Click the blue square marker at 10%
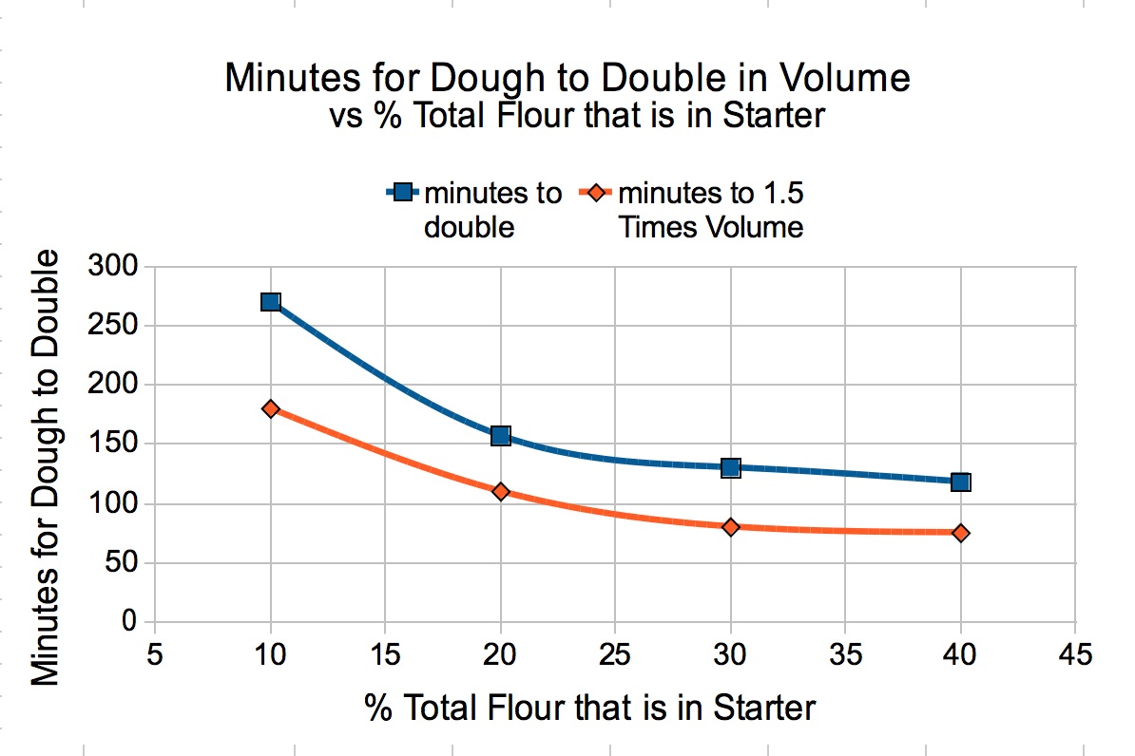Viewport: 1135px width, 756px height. pyautogui.click(x=271, y=302)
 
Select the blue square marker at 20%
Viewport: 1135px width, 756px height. pyautogui.click(x=501, y=436)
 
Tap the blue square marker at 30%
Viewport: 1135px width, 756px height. pyautogui.click(x=731, y=467)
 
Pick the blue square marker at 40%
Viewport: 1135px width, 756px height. pyautogui.click(x=961, y=482)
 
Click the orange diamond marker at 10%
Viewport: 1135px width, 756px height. pyautogui.click(x=271, y=408)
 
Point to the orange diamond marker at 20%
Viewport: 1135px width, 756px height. pyautogui.click(x=501, y=491)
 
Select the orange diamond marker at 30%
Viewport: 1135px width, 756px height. pyautogui.click(x=731, y=526)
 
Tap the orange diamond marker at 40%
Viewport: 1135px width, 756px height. pyautogui.click(x=961, y=533)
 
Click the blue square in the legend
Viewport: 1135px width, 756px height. pyautogui.click(x=402, y=193)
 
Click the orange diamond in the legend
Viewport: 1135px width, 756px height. pyautogui.click(x=596, y=193)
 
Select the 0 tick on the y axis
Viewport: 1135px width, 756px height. pyautogui.click(x=129, y=622)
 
